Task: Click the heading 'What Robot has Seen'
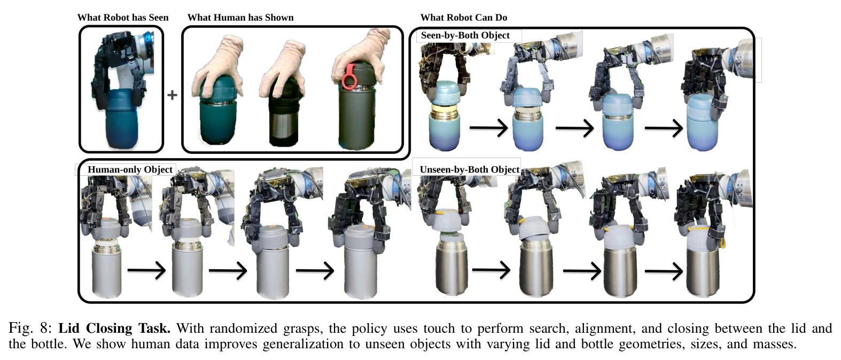(x=123, y=18)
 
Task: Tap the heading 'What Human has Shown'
(x=240, y=18)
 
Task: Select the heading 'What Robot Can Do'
(x=464, y=18)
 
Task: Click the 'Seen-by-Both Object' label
(x=465, y=35)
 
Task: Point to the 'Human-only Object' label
(x=130, y=170)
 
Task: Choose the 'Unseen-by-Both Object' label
(x=469, y=170)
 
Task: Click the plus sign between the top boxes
(x=173, y=95)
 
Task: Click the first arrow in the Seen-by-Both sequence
(x=489, y=128)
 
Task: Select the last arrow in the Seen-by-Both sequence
(x=664, y=128)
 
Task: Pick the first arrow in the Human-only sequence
(x=146, y=270)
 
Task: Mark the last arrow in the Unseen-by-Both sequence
(x=664, y=271)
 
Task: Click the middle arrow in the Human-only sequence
(x=228, y=270)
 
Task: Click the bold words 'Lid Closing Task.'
(x=114, y=329)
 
